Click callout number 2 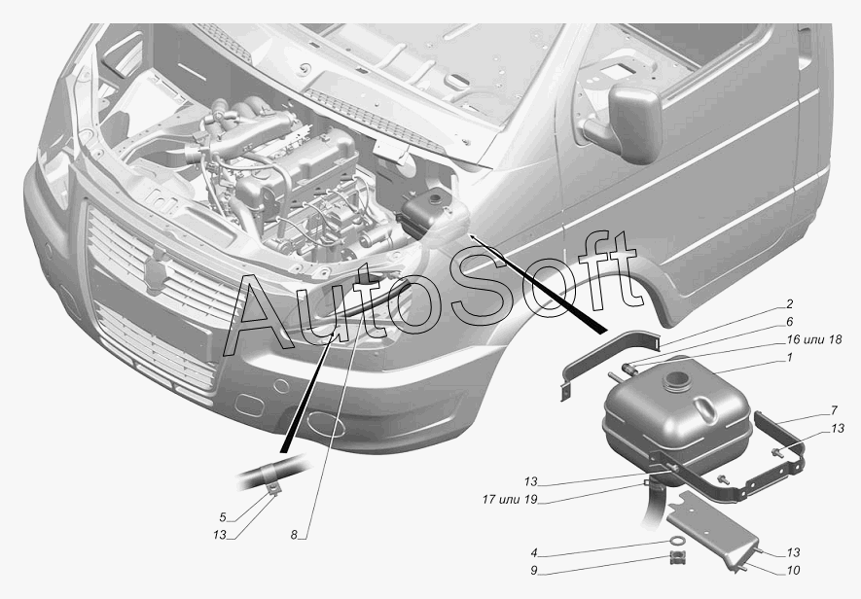(x=790, y=303)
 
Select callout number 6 (x=790, y=322)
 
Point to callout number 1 (x=790, y=359)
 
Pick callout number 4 (x=534, y=553)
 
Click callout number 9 (x=534, y=571)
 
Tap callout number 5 (x=222, y=516)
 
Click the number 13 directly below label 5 (x=220, y=535)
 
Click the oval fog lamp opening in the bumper (x=324, y=425)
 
